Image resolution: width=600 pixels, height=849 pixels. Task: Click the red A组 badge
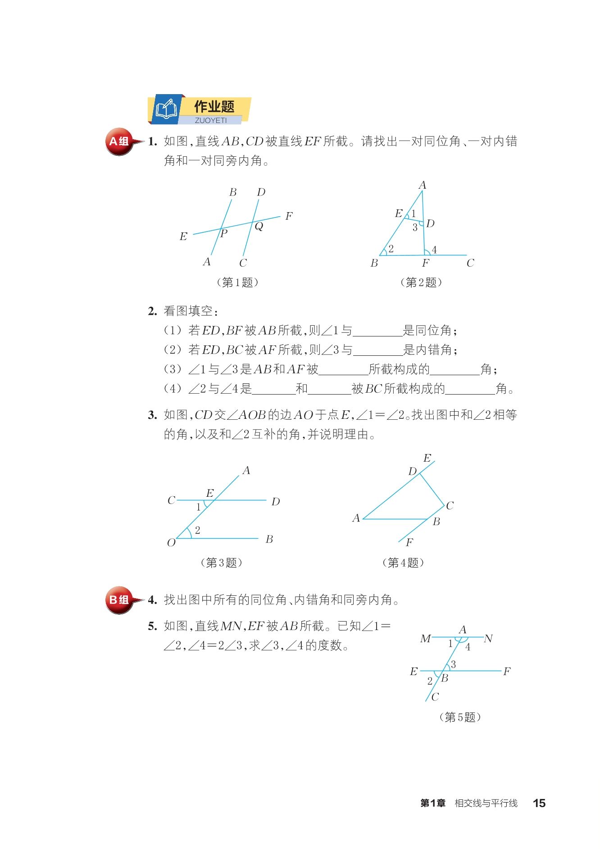(x=119, y=141)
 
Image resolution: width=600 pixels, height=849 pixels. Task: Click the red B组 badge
(x=119, y=600)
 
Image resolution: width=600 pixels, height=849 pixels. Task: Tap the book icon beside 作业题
(x=166, y=109)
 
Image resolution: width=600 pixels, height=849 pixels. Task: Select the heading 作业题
(x=214, y=107)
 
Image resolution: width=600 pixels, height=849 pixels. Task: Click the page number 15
(x=539, y=803)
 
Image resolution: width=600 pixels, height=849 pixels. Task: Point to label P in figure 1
(x=224, y=233)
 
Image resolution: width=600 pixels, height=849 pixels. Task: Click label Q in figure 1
(x=259, y=226)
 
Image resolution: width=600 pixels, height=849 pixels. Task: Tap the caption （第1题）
(x=237, y=282)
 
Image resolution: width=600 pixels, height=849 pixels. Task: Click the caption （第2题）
(x=421, y=282)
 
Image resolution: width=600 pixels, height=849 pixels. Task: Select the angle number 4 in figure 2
(x=434, y=250)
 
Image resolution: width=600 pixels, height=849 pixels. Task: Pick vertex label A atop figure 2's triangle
(x=422, y=185)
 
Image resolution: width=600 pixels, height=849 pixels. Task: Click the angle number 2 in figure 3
(x=198, y=530)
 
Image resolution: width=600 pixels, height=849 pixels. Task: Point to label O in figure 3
(x=171, y=543)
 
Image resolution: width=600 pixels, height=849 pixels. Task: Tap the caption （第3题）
(x=221, y=563)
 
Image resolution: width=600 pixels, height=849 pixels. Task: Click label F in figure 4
(x=409, y=542)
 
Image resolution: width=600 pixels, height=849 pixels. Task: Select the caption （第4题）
(x=403, y=563)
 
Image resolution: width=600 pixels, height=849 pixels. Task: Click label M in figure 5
(x=425, y=639)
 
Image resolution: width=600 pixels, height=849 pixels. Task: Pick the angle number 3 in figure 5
(x=453, y=664)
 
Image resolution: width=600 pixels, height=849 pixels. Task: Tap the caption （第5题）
(x=460, y=717)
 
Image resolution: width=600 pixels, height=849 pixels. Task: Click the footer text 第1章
(x=433, y=803)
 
